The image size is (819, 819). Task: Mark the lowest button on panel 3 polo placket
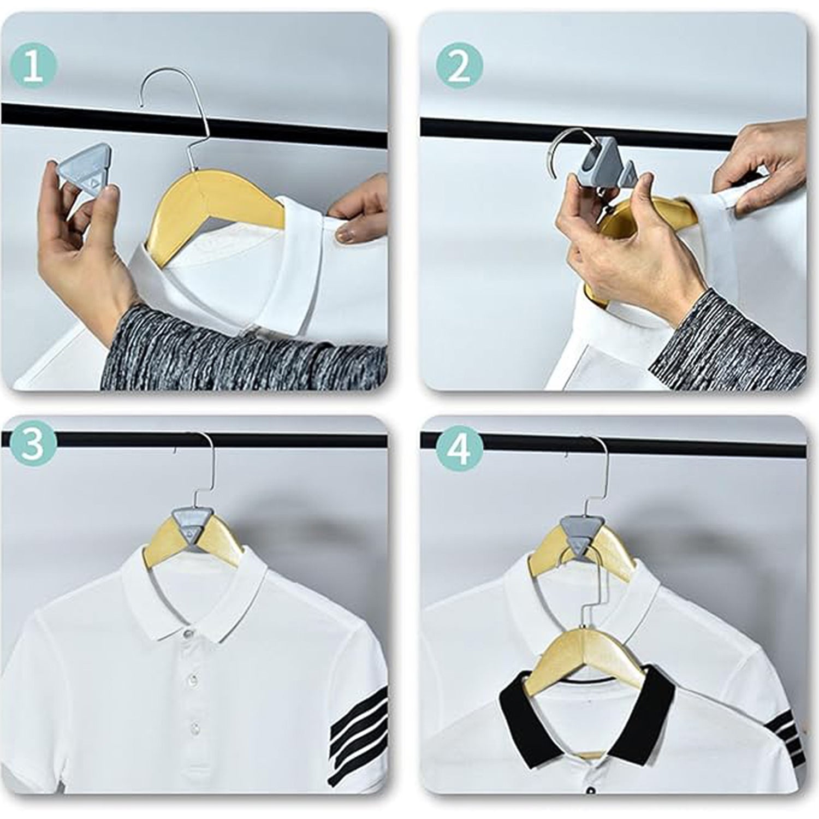(x=194, y=726)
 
